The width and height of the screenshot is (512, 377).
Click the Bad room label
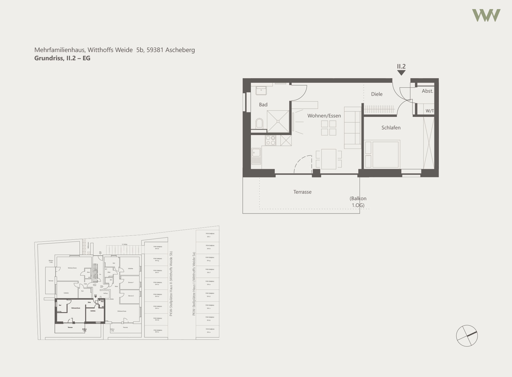[x=263, y=105]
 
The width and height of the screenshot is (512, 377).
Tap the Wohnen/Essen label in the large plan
[x=324, y=116]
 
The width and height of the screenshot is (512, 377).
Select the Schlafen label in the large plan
[x=391, y=128]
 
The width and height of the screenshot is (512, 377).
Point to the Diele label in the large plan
[x=377, y=94]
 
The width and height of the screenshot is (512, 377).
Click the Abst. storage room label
[x=427, y=91]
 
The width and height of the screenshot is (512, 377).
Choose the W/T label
[x=430, y=111]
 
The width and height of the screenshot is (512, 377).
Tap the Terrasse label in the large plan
[x=302, y=192]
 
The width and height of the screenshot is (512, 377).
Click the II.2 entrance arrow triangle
[x=401, y=73]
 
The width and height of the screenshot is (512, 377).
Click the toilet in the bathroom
[x=259, y=123]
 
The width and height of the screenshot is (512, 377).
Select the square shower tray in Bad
[x=278, y=121]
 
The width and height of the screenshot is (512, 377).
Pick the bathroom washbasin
[x=261, y=91]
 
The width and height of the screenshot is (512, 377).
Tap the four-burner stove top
[x=271, y=140]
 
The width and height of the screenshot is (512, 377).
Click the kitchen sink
[x=256, y=156]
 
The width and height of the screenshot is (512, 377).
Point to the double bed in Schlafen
[x=385, y=154]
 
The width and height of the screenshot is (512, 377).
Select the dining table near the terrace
[x=329, y=159]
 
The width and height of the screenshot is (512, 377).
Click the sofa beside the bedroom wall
[x=352, y=128]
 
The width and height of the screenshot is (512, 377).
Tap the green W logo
[x=486, y=15]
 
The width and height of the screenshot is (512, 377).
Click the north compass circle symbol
[x=467, y=336]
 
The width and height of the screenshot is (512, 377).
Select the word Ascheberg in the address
[x=180, y=50]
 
